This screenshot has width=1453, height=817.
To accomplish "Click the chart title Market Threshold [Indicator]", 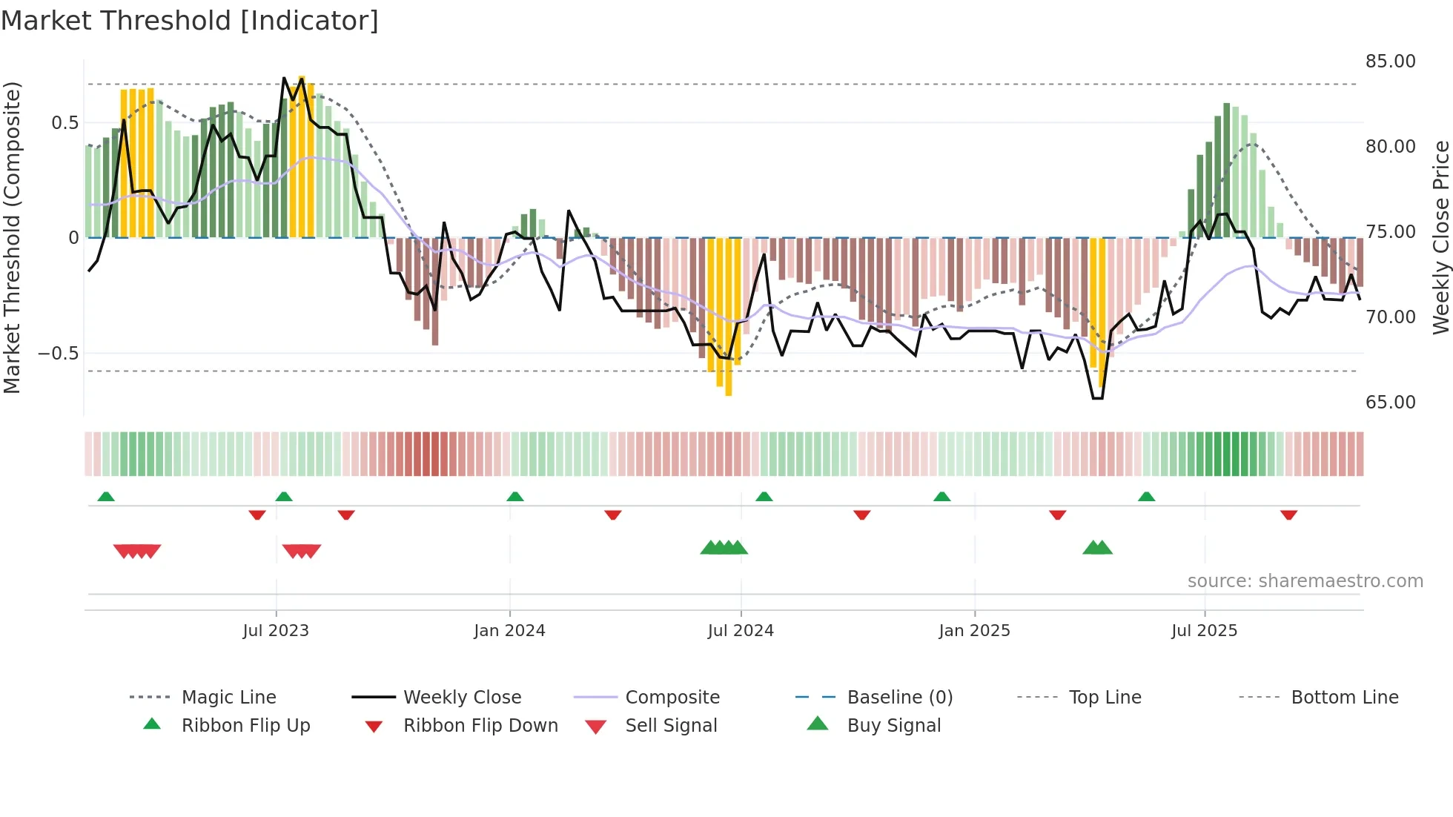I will pyautogui.click(x=190, y=21).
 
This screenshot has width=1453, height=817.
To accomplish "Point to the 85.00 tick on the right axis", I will pyautogui.click(x=1390, y=62).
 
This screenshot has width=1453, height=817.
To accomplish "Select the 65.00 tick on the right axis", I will pyautogui.click(x=1390, y=403).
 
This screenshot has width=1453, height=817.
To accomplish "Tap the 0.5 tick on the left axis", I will pyautogui.click(x=64, y=123).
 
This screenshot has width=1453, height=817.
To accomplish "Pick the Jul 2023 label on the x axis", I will pyautogui.click(x=276, y=631).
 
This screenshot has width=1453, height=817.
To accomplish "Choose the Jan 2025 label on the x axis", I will pyautogui.click(x=974, y=631).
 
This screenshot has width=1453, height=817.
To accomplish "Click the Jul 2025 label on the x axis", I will pyautogui.click(x=1204, y=631).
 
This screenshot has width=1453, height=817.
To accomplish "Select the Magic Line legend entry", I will pyautogui.click(x=228, y=698).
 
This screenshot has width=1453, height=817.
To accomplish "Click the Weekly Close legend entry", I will pyautogui.click(x=462, y=698).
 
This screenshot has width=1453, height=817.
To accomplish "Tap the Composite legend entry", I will pyautogui.click(x=672, y=698).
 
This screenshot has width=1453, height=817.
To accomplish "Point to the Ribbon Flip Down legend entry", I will pyautogui.click(x=480, y=726).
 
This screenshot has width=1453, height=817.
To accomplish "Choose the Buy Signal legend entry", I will pyautogui.click(x=893, y=726).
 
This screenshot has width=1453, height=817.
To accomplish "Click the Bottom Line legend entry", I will pyautogui.click(x=1344, y=698).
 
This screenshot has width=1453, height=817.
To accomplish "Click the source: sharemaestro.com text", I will pyautogui.click(x=1305, y=581).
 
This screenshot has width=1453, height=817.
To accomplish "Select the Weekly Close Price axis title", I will pyautogui.click(x=1440, y=237).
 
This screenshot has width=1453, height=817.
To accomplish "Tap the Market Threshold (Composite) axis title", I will pyautogui.click(x=12, y=237).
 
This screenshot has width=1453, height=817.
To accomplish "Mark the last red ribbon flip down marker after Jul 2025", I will pyautogui.click(x=1288, y=515).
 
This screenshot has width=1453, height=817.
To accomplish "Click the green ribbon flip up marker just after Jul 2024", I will pyautogui.click(x=764, y=496).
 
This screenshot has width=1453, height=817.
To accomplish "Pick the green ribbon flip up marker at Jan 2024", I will pyautogui.click(x=515, y=496).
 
